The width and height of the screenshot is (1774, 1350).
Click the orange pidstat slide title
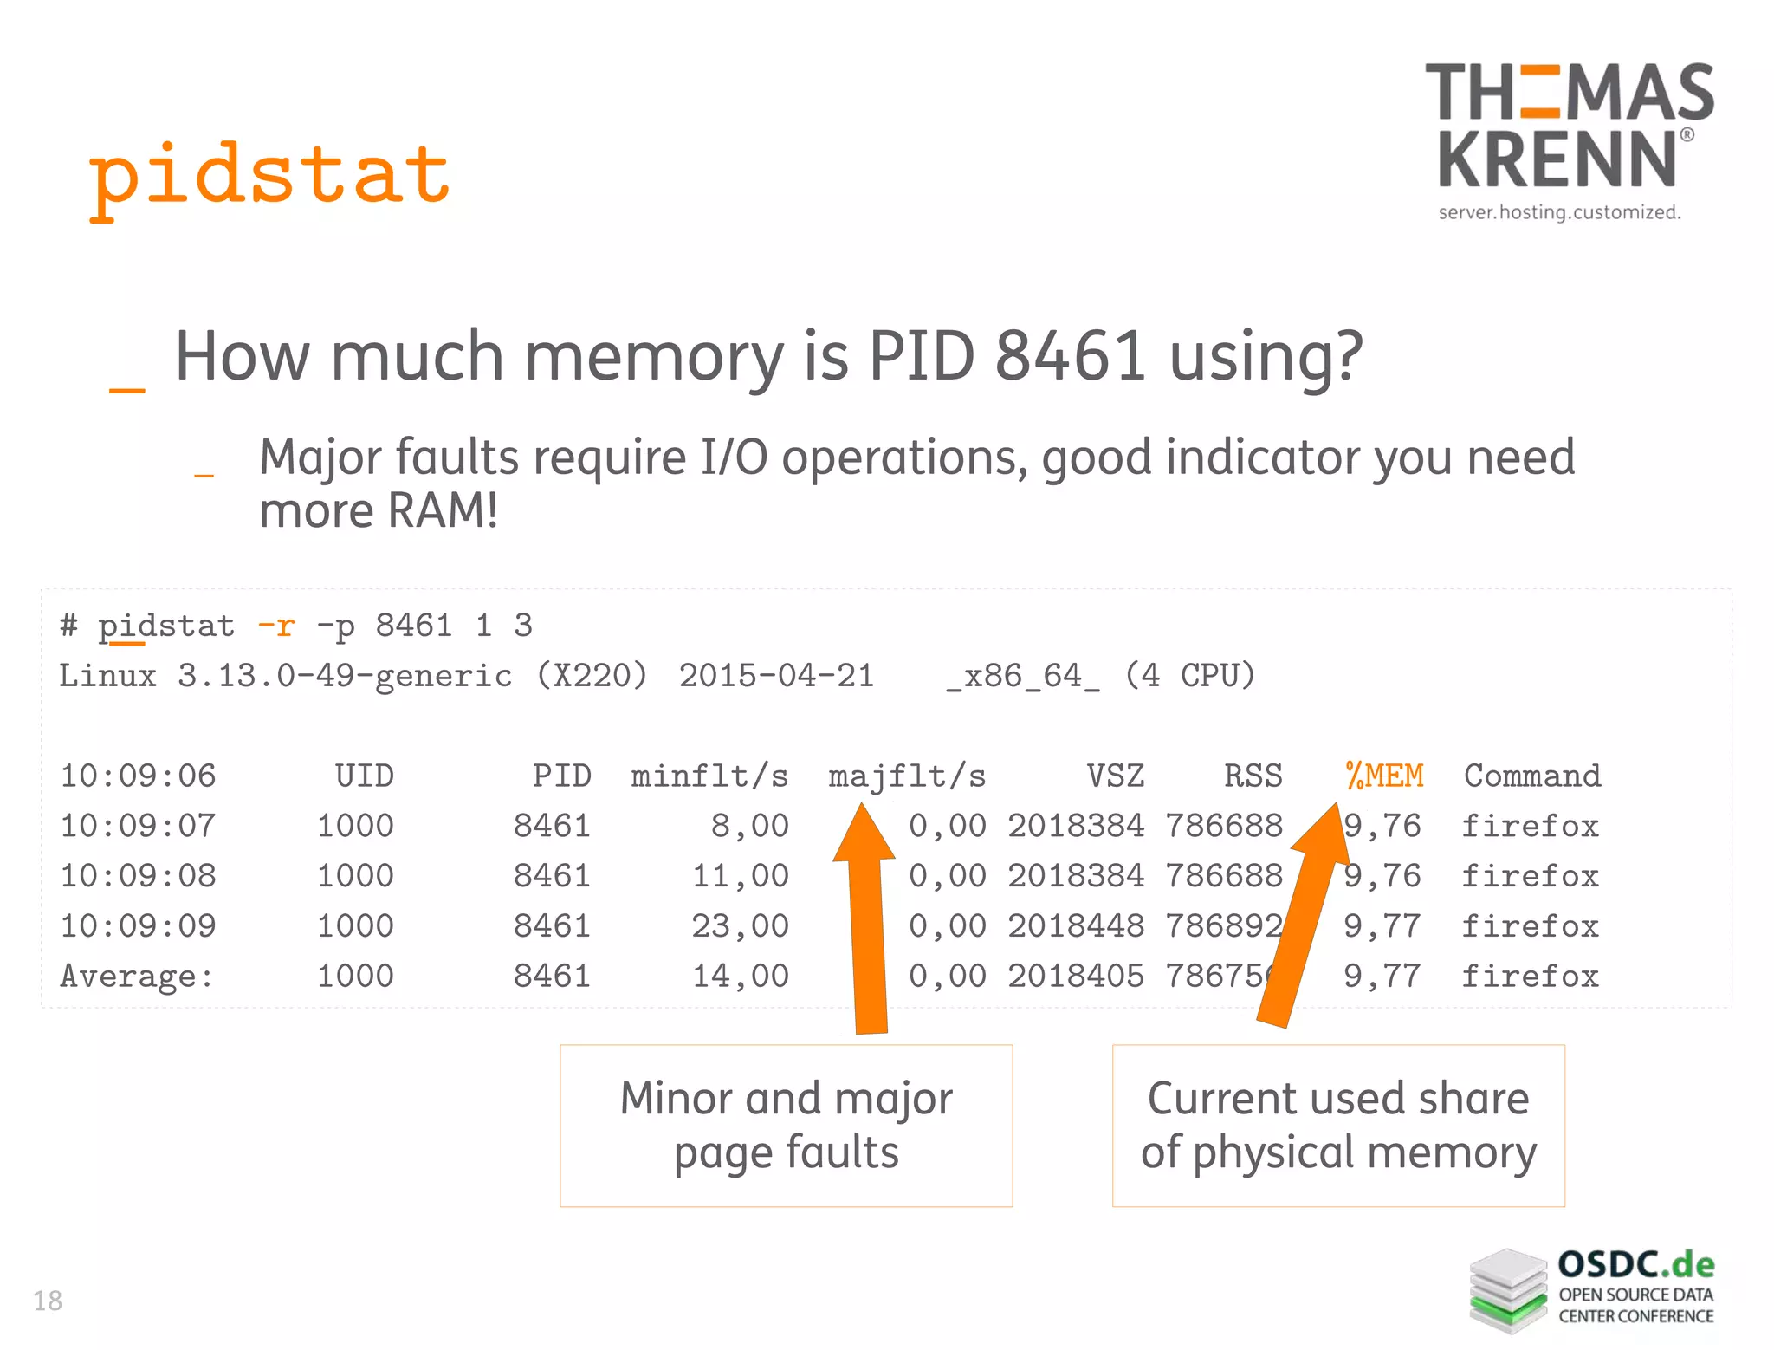tap(269, 178)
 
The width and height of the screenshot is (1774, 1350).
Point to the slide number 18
tap(48, 1301)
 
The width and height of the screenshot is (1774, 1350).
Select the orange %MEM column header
tap(1384, 776)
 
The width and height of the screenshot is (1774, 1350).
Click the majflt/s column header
tap(906, 776)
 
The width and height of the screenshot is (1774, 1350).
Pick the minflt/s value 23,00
tap(739, 926)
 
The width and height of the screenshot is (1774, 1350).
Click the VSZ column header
tap(1115, 776)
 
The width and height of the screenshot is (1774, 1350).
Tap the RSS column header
tap(1253, 776)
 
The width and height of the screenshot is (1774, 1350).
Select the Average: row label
tap(136, 977)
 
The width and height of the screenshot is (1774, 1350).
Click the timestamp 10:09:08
tap(138, 876)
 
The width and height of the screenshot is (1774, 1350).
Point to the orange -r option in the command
tap(276, 625)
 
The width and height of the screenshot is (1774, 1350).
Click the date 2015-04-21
tap(776, 676)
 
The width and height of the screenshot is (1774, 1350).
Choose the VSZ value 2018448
tap(1076, 926)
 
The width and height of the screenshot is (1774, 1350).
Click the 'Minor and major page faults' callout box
tap(786, 1125)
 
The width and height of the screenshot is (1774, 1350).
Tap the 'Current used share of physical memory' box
tap(1338, 1125)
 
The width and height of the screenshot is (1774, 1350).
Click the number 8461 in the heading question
tap(1071, 356)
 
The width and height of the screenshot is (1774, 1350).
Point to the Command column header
tap(1531, 776)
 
